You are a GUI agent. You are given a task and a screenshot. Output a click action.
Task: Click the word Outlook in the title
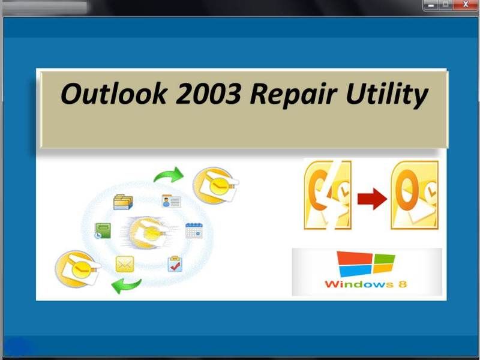click(x=113, y=94)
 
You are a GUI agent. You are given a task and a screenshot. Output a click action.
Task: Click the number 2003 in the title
click(x=208, y=94)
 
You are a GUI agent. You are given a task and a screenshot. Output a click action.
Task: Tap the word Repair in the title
click(x=293, y=94)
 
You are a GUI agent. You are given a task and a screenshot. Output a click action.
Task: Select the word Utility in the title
click(x=386, y=95)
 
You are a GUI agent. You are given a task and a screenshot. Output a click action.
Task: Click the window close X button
click(x=466, y=5)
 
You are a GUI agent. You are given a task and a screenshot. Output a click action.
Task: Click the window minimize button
click(x=431, y=5)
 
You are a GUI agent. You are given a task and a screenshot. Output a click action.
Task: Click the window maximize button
click(x=446, y=5)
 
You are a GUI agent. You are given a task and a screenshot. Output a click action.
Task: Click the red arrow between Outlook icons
click(x=372, y=199)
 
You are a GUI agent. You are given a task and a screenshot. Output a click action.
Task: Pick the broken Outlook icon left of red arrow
click(x=328, y=195)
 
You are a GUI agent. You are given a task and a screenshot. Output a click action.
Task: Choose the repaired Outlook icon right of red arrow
click(x=415, y=195)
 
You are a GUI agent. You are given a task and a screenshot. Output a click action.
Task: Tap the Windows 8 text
click(x=365, y=284)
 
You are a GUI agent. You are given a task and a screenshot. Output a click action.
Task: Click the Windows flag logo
click(x=365, y=264)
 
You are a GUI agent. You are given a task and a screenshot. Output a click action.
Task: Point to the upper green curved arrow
click(x=169, y=175)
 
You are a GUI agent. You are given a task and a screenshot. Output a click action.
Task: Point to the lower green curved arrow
click(x=126, y=286)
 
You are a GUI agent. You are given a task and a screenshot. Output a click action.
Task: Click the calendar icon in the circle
click(x=194, y=231)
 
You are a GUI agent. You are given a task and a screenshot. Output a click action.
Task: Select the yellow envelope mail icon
click(x=125, y=264)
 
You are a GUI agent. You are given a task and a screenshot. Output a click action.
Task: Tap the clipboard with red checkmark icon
click(x=175, y=264)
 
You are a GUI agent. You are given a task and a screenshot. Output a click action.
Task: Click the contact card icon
click(x=171, y=201)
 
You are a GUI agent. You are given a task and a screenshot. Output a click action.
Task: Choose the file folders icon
click(x=123, y=202)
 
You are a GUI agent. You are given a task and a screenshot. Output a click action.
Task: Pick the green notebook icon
click(x=103, y=231)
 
